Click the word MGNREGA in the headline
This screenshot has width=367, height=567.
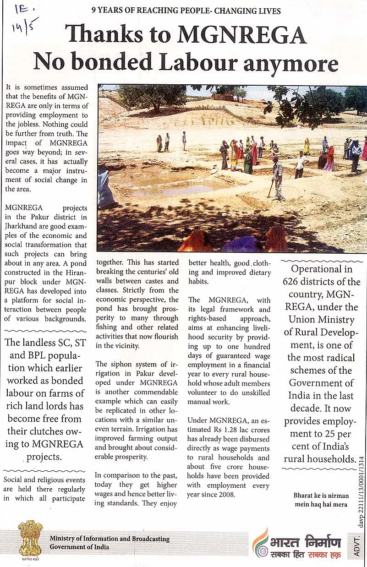pos(241,35)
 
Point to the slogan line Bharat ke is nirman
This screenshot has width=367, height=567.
pos(321,496)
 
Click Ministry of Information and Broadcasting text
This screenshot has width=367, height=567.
pos(110,539)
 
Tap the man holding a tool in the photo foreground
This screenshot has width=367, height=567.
pos(278,177)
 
